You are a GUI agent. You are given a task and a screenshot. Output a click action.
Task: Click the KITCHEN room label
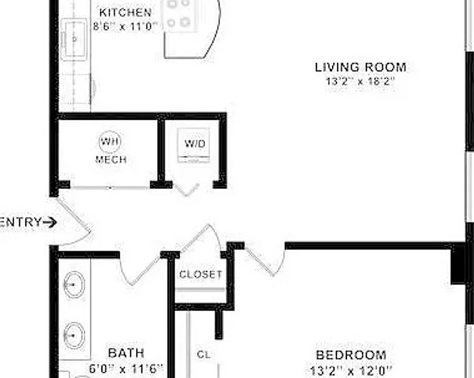[x=126, y=13]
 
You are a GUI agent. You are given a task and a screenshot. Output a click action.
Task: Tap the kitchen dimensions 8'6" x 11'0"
[x=125, y=27]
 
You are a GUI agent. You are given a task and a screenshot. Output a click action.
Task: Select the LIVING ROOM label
[x=360, y=67]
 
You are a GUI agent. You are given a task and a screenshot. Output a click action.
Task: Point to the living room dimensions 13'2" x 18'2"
[x=360, y=81]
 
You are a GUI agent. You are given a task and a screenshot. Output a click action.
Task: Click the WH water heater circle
[x=109, y=141]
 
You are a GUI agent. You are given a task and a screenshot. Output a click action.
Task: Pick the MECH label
[x=111, y=160]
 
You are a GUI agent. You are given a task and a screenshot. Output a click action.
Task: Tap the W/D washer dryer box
[x=193, y=145]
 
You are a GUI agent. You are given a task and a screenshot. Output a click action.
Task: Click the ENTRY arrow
[x=50, y=223]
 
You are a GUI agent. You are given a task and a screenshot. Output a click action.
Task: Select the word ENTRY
[x=20, y=222]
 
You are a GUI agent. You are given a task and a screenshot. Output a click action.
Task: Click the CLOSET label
[x=201, y=275]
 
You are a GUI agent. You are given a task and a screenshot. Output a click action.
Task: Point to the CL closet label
[x=203, y=354]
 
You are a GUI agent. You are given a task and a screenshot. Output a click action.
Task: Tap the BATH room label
[x=126, y=353]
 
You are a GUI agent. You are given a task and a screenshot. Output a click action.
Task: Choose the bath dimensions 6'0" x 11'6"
[x=126, y=369]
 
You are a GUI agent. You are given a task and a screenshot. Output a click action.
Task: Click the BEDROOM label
[x=351, y=355]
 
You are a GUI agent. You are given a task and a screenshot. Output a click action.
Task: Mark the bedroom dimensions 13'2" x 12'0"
[x=351, y=370]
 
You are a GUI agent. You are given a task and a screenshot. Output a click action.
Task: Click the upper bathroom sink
[x=74, y=285]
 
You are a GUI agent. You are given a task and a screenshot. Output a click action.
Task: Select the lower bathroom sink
[x=74, y=335]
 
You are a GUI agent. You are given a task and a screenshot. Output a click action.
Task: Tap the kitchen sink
[x=74, y=39]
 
